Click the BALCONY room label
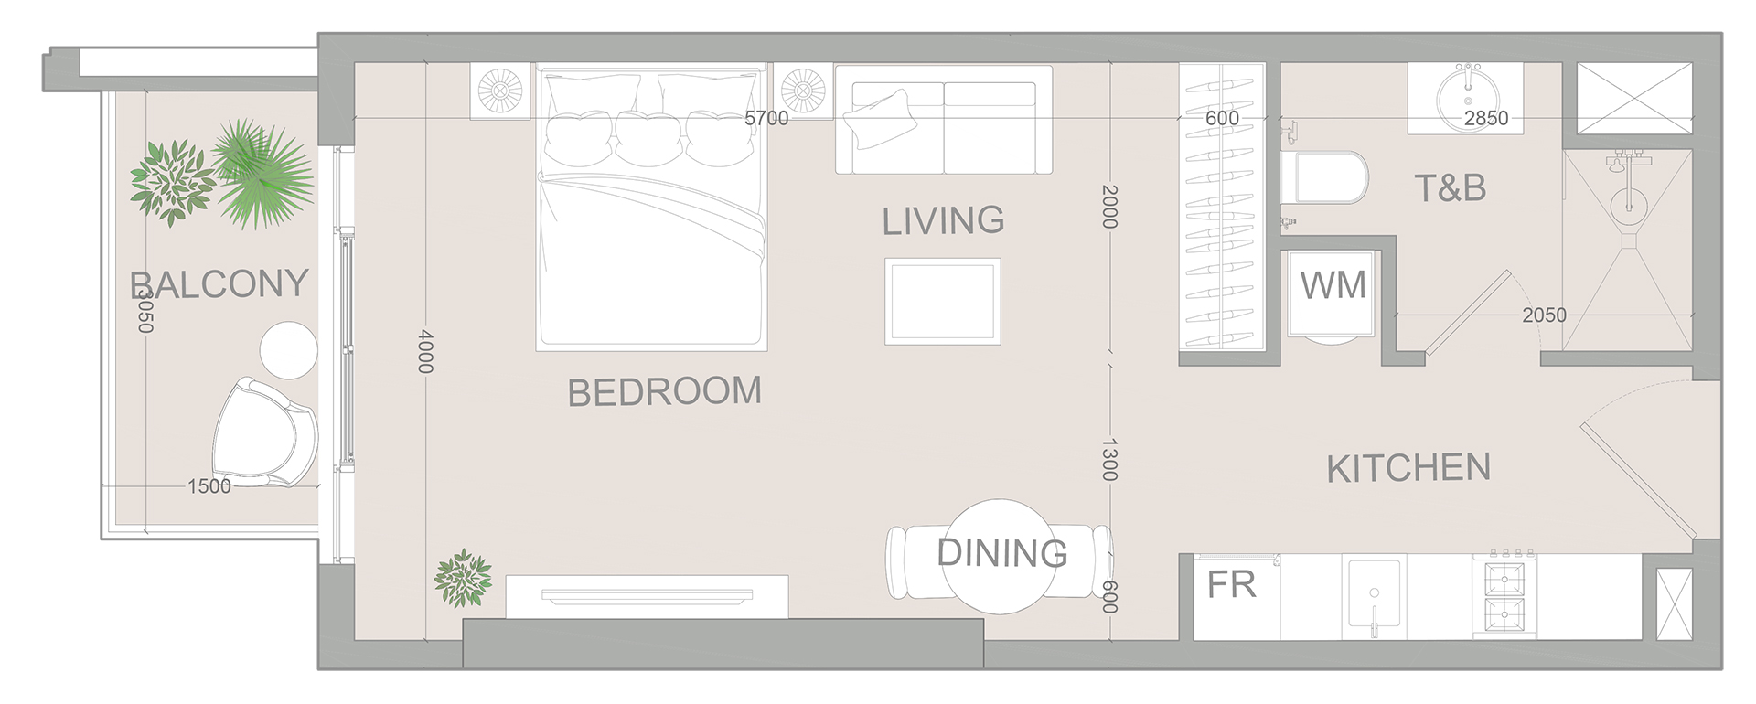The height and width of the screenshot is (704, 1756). [x=219, y=283]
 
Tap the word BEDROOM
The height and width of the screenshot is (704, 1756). [x=664, y=391]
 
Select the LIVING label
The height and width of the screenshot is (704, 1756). [x=943, y=220]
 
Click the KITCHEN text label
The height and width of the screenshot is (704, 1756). [x=1408, y=468]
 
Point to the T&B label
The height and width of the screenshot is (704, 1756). [x=1451, y=188]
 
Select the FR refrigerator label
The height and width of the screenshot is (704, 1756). [x=1231, y=585]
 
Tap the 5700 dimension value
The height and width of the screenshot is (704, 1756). [x=766, y=118]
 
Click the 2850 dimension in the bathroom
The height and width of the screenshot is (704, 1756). [x=1486, y=118]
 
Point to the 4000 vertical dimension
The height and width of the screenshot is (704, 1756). [x=424, y=351]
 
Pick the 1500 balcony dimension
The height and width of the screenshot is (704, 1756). [x=209, y=486]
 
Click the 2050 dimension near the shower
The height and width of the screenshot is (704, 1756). [x=1544, y=315]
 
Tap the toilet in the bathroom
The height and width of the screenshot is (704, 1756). [x=1331, y=178]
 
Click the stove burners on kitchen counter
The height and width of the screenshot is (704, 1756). [x=1504, y=594]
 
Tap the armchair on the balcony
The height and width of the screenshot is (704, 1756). [x=265, y=430]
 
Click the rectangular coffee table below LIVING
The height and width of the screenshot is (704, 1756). [x=942, y=301]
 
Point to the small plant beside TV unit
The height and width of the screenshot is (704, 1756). [x=463, y=578]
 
